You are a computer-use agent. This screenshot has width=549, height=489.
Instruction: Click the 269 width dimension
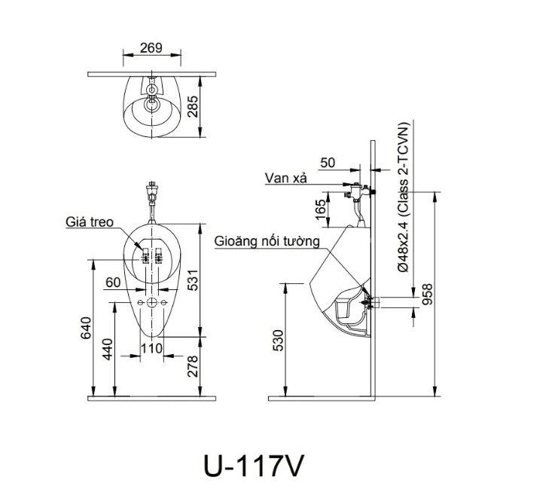[x=151, y=48]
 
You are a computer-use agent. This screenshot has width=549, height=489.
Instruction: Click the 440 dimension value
[x=108, y=350]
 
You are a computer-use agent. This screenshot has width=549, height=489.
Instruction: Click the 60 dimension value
[x=113, y=282]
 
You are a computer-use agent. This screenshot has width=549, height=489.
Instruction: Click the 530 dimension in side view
[x=278, y=341]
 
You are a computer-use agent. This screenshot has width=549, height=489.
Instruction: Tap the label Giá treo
[x=89, y=222]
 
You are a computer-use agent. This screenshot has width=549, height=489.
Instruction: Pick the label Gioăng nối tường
[x=267, y=241]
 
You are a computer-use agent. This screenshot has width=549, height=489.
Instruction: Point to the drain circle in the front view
[x=152, y=302]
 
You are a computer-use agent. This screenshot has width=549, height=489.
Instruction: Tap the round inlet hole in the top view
[x=152, y=92]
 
